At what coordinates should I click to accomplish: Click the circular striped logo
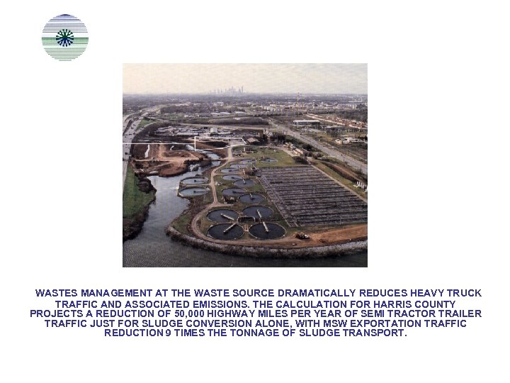[65, 37]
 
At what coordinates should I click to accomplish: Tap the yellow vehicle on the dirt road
[302, 235]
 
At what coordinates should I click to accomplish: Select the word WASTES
[57, 293]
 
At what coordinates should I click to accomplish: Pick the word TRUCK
[465, 293]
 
